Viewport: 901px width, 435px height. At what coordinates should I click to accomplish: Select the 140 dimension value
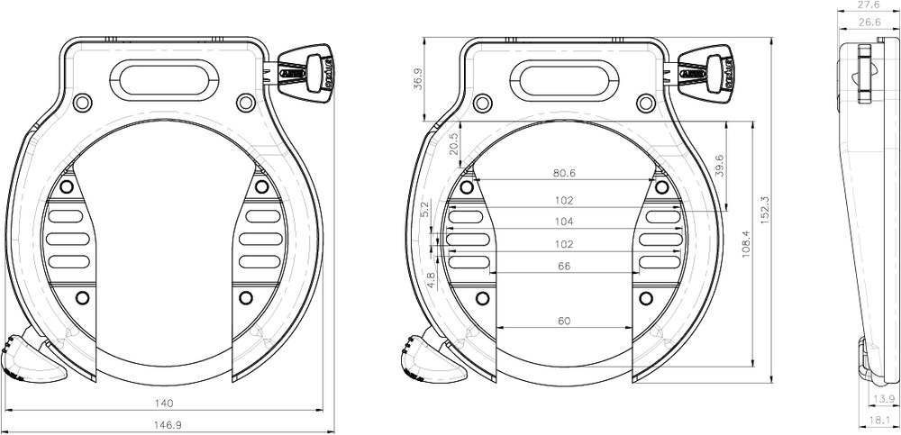[164, 403]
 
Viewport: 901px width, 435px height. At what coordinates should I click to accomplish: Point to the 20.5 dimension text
[454, 143]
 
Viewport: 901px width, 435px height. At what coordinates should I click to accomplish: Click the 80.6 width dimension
[565, 173]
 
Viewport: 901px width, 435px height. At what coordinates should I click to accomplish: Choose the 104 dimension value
[564, 222]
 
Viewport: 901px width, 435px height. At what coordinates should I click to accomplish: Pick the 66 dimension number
[565, 267]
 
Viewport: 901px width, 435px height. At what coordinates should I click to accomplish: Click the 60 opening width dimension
[565, 321]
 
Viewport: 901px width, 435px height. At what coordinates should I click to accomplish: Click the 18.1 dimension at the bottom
[879, 421]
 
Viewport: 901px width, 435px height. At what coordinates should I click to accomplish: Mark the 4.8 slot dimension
[432, 280]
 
